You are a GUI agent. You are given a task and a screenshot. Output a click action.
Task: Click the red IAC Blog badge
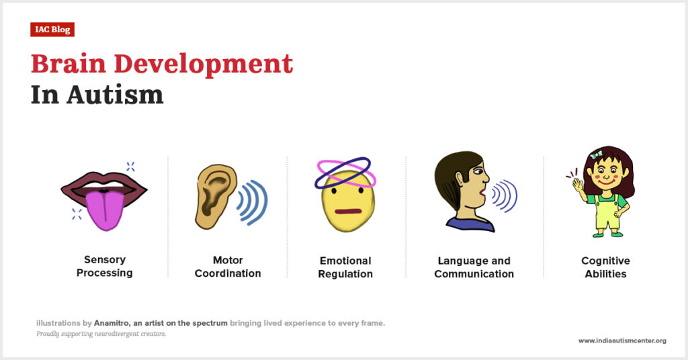52,30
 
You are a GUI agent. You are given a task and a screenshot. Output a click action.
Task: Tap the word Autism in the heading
115,94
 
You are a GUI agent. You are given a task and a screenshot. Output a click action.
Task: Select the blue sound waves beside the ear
253,202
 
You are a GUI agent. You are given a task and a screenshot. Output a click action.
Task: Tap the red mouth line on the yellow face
348,212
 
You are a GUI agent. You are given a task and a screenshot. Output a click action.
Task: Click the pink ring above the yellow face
346,173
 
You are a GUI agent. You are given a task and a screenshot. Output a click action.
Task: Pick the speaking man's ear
460,179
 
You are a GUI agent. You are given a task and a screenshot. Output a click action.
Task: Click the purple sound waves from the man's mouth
505,195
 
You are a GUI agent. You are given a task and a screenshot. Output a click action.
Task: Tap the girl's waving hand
577,184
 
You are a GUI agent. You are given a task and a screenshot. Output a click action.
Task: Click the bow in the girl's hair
596,154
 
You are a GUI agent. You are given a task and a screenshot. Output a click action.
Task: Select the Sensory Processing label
104,266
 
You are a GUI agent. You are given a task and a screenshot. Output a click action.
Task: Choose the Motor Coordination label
228,267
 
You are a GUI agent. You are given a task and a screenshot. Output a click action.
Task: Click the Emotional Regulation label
345,267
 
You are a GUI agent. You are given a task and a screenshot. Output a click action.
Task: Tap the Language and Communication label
474,267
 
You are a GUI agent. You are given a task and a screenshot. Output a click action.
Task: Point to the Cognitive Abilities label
605,267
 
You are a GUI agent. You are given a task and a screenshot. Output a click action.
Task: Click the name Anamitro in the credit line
112,323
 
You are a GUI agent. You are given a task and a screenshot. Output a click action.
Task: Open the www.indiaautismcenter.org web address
622,341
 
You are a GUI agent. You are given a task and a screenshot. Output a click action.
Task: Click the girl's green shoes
607,234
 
